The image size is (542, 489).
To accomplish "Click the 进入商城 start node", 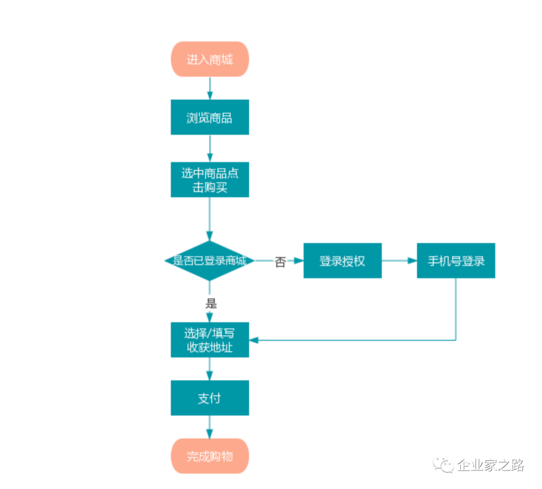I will [210, 59].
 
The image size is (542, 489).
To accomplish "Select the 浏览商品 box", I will [210, 117].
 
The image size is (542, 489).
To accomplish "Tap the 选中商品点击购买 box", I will [210, 180].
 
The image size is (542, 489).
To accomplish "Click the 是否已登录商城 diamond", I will [210, 261].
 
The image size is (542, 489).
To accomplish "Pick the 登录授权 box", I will [342, 261].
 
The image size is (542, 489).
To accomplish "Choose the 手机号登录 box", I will [456, 261].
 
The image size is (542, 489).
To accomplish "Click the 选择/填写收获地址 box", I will [210, 340].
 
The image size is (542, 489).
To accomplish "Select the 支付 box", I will [210, 398].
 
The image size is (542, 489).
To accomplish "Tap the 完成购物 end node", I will [210, 456].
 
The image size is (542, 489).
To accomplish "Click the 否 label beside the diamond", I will [280, 262].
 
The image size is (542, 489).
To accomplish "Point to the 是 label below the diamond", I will [211, 303].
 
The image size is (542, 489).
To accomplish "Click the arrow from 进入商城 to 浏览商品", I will [210, 88].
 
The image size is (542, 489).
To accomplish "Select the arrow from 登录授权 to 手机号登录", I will [399, 261].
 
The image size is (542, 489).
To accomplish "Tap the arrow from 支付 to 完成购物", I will [210, 427].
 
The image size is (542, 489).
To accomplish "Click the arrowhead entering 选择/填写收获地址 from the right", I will [253, 340].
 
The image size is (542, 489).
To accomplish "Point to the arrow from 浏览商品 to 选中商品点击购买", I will [210, 149].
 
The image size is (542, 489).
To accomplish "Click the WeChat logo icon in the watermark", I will [444, 465].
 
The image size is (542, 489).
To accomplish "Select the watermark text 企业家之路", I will [490, 465].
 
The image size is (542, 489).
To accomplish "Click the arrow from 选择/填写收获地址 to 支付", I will [210, 369].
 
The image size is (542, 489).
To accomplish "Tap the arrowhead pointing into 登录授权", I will [300, 261].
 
